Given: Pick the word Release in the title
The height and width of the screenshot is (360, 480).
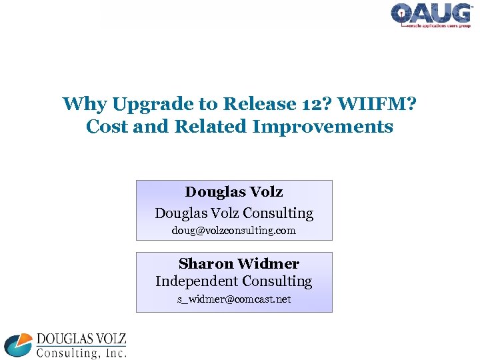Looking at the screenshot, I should point(249,104).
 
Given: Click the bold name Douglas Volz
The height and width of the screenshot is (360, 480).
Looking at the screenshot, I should point(234,192).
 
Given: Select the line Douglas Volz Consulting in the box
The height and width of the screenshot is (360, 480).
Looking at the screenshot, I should point(234,213).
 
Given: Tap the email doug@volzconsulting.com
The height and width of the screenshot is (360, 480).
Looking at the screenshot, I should point(234,231).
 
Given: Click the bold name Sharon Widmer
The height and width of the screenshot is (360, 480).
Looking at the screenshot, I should point(239,263).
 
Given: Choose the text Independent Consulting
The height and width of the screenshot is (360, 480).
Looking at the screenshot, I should point(234,281).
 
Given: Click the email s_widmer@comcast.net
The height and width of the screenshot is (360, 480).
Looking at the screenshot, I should point(234,299).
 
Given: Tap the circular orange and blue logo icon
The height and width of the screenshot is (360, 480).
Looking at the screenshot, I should point(18,345).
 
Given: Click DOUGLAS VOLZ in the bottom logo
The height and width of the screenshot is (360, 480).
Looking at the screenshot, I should point(81,339).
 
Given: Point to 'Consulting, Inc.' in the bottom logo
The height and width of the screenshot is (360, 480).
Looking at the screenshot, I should point(81,353).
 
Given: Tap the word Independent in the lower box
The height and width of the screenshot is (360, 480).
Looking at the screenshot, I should point(196,281).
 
